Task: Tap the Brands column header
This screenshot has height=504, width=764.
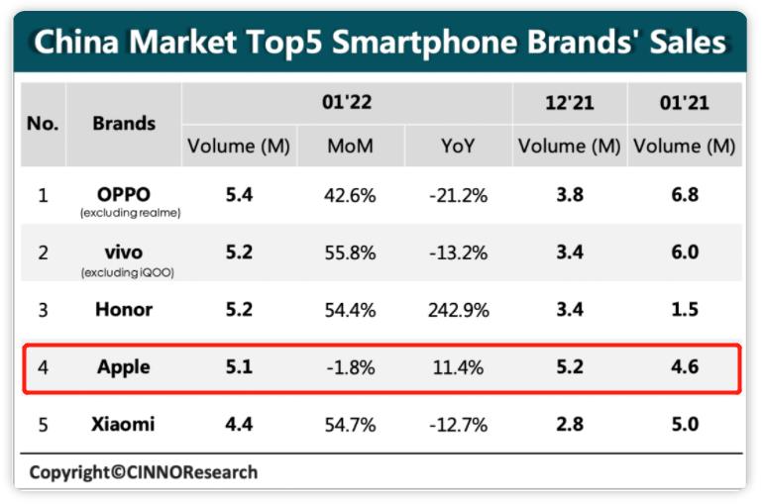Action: click(124, 123)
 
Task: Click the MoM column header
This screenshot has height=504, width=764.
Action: click(350, 147)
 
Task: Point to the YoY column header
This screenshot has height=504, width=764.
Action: click(458, 147)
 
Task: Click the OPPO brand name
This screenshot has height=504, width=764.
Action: click(124, 193)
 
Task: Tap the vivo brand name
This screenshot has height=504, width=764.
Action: click(124, 251)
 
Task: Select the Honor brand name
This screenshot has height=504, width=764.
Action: click(124, 309)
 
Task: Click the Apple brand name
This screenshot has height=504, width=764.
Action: click(124, 367)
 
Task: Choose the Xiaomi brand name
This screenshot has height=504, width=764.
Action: click(124, 425)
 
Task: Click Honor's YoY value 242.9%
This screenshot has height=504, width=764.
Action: click(458, 310)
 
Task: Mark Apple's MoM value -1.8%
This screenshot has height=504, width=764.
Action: click(350, 367)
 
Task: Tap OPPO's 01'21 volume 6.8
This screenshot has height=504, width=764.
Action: click(684, 194)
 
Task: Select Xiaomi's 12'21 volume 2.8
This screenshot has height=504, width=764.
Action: click(570, 425)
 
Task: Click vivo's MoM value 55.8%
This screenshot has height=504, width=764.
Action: click(350, 252)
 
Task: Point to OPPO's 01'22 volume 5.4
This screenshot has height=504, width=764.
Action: click(239, 194)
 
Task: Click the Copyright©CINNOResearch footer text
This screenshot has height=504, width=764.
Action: click(143, 471)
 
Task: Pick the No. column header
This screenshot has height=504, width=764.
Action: click(43, 124)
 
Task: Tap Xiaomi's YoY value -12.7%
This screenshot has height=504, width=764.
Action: click(458, 425)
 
